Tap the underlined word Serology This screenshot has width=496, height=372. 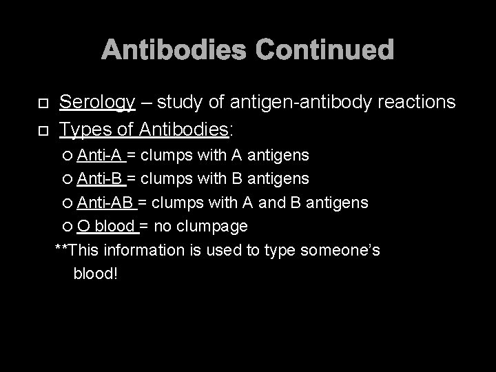point(97,103)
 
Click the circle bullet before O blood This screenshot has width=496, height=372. point(68,227)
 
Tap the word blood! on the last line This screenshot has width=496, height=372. point(96,273)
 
